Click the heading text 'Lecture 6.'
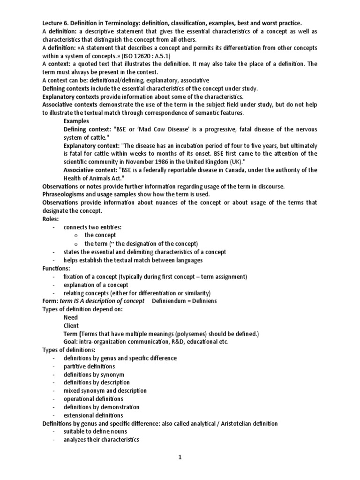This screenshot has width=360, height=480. coord(57,23)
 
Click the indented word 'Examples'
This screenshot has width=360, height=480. coord(76,121)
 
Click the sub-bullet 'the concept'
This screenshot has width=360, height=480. coord(100,235)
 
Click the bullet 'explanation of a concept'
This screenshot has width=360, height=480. coord(96,285)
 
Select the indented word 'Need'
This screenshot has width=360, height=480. coord(71,317)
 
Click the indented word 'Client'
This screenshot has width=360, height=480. coord(71,325)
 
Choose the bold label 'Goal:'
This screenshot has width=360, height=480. coord(71,342)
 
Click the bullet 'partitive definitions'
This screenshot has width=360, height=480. coord(90,366)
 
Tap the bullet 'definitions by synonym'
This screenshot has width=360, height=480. coord(94,375)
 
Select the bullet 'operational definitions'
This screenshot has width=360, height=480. coord(93,399)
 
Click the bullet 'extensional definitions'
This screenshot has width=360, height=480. coord(94,415)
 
